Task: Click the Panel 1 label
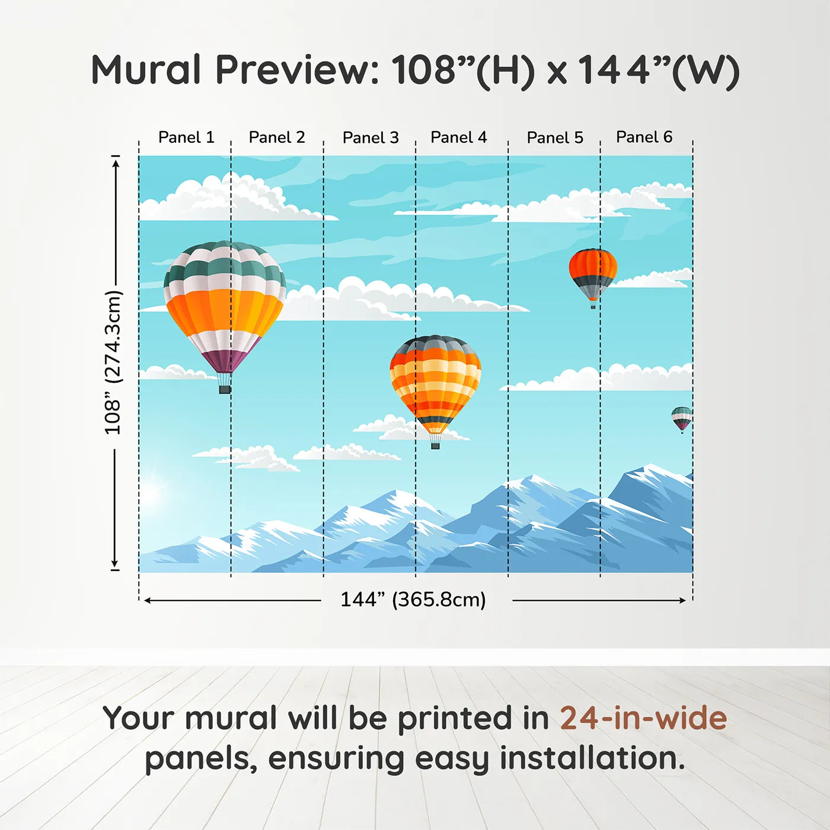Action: [186, 138]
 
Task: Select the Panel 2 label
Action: [277, 138]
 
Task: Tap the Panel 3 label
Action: [371, 138]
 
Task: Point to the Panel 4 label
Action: [459, 138]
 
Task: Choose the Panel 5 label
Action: [555, 138]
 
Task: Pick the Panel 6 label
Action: [644, 138]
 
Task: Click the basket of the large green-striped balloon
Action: [225, 389]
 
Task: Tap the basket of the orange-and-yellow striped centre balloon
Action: [435, 445]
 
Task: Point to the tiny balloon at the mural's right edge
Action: [682, 418]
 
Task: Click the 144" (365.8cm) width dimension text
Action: [413, 599]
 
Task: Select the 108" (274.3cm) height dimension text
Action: [113, 362]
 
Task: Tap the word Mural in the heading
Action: [146, 70]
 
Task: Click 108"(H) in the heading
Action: [463, 70]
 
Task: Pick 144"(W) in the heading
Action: [658, 70]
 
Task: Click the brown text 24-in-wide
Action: [643, 718]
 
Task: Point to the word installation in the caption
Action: [592, 758]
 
